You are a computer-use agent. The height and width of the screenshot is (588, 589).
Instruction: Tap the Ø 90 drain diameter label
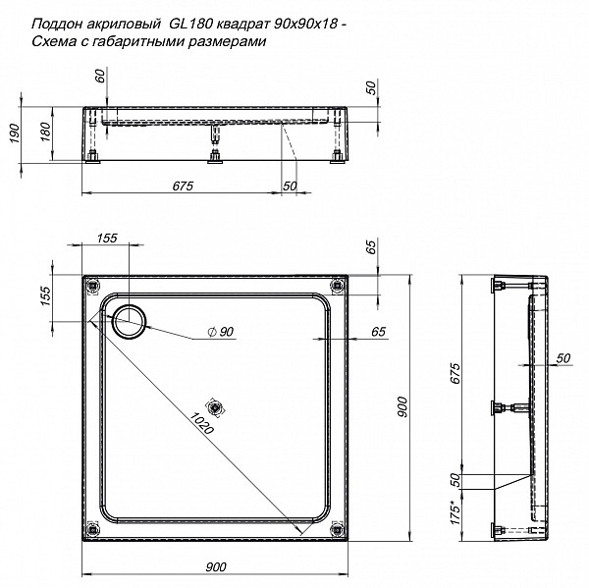click(x=221, y=333)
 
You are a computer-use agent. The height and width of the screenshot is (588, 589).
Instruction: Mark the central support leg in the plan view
click(x=214, y=406)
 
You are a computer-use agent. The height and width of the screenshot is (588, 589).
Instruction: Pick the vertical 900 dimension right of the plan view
click(x=402, y=411)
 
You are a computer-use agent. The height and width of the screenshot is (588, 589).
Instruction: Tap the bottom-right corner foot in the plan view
click(x=339, y=531)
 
